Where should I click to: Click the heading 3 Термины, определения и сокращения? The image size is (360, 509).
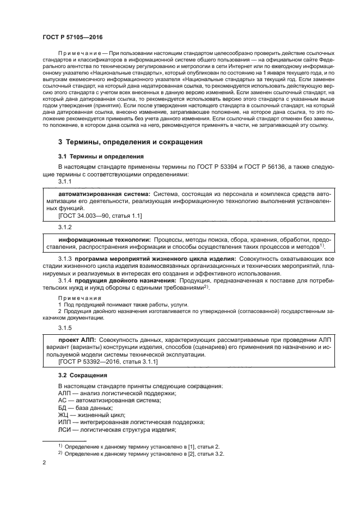coord(131,142)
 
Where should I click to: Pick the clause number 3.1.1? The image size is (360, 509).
coord(65,181)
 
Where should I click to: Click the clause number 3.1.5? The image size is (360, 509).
coord(65,328)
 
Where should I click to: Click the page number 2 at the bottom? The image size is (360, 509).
coord(44,463)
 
